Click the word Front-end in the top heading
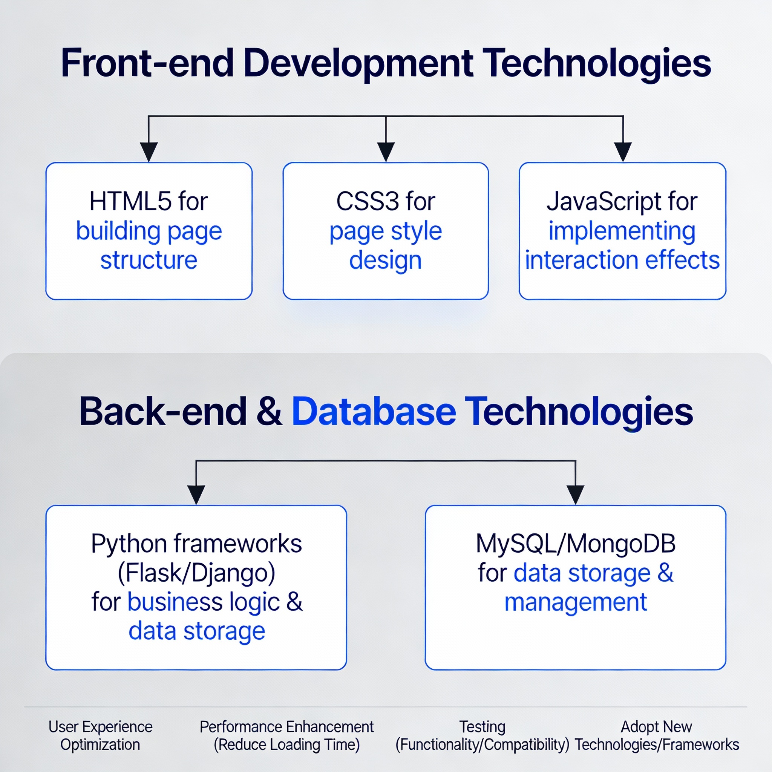(x=147, y=63)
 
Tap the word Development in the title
(x=358, y=63)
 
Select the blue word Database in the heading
(x=374, y=412)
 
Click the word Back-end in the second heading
(x=163, y=412)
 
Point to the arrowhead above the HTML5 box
(x=149, y=152)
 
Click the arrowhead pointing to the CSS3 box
(x=386, y=152)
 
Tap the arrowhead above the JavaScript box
(x=623, y=152)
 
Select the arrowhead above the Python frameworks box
(x=196, y=494)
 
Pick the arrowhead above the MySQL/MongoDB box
(x=575, y=494)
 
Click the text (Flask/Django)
(x=196, y=573)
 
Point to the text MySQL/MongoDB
(x=575, y=544)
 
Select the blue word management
(x=575, y=602)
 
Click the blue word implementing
(x=622, y=231)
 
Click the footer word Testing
(x=482, y=727)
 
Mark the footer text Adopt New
(x=656, y=727)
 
